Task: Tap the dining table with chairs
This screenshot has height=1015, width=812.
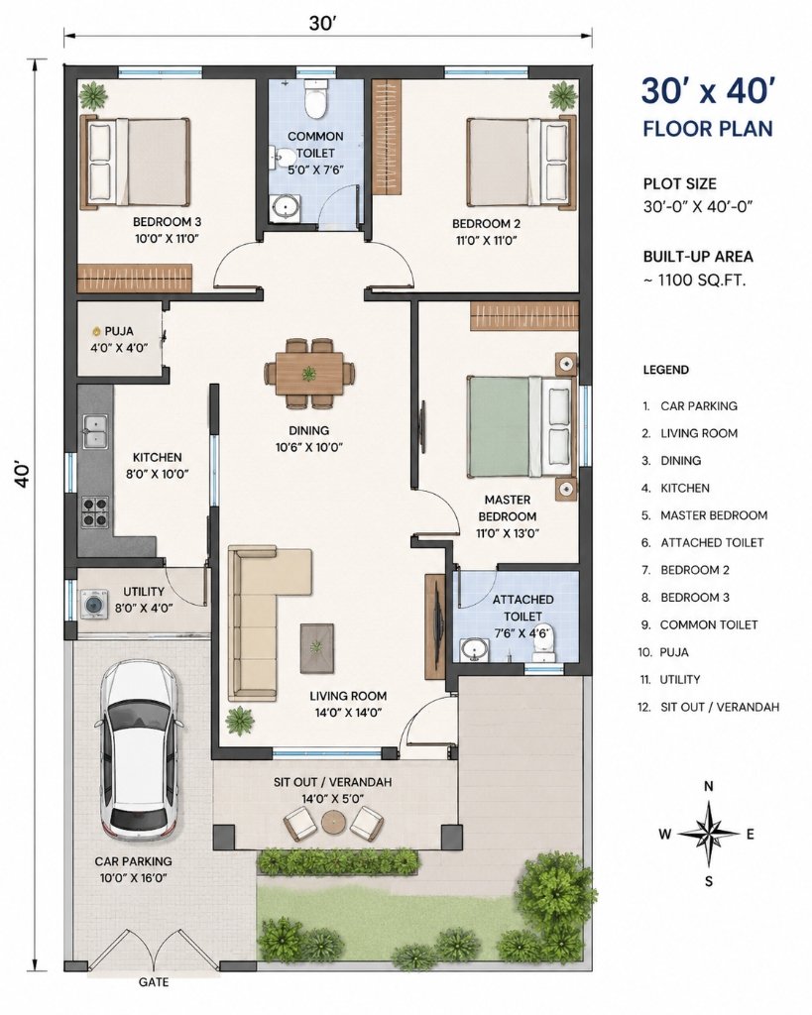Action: (309, 374)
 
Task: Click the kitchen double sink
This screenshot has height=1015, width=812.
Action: (94, 430)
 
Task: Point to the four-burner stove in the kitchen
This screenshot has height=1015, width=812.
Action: (94, 511)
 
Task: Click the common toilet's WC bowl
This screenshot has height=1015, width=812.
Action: (316, 98)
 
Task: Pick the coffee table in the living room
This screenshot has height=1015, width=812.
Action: (316, 647)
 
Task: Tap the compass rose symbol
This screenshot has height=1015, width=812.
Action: (709, 834)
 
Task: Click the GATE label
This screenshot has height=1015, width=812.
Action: (154, 982)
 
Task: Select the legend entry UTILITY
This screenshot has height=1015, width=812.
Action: (680, 680)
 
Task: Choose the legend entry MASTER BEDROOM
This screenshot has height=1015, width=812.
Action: (714, 515)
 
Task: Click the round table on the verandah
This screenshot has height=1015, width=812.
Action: (334, 822)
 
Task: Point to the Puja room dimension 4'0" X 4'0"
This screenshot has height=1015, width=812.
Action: (119, 348)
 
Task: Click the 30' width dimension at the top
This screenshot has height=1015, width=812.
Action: (322, 24)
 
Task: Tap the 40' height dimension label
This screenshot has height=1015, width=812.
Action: (22, 475)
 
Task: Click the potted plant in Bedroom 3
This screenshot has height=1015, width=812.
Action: (94, 96)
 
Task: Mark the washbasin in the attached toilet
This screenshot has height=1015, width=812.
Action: (475, 649)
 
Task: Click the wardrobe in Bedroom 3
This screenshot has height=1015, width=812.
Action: (135, 279)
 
